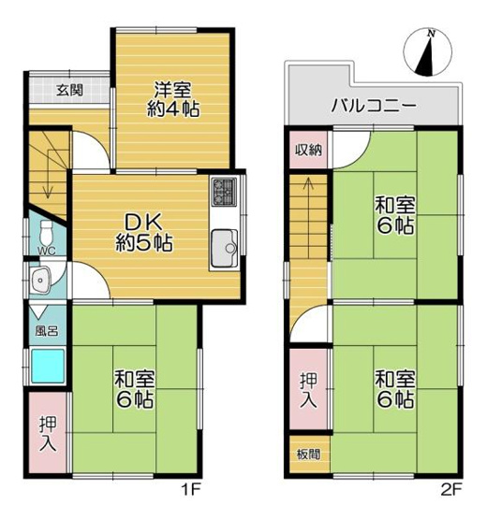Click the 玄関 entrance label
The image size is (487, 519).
[x=67, y=91]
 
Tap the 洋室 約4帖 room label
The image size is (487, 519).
[x=174, y=98]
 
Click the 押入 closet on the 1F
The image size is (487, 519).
[x=46, y=432]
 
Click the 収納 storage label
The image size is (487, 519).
[x=308, y=151]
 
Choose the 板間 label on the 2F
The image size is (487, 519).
[x=308, y=454]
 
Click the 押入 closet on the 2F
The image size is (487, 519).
[x=308, y=390]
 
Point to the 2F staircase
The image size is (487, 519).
[x=308, y=224]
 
